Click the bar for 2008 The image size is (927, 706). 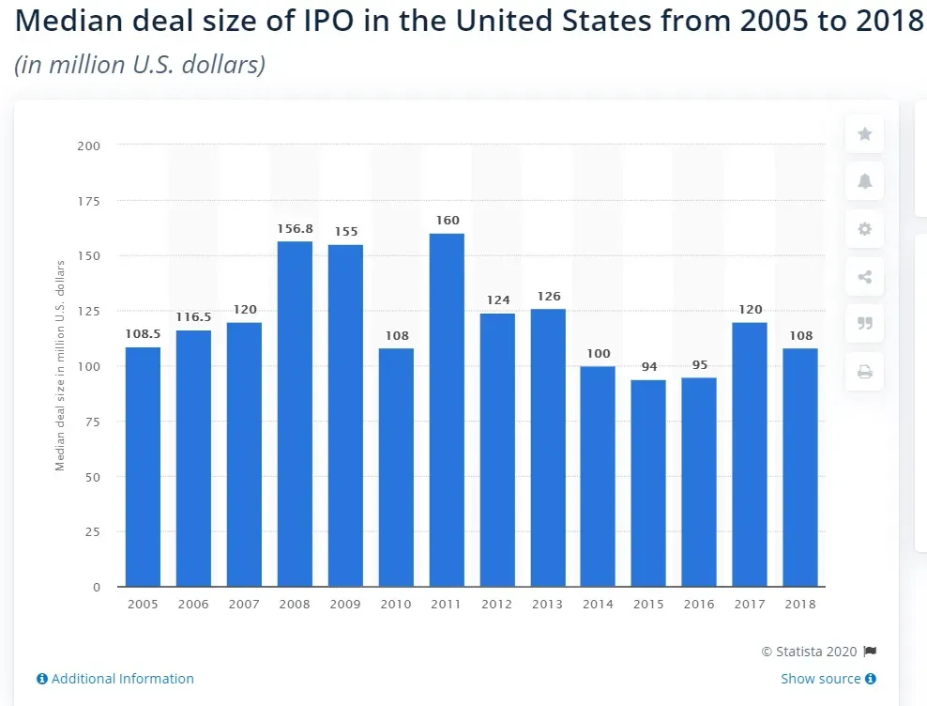295,413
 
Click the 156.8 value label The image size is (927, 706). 295,229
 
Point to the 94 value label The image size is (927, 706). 648,367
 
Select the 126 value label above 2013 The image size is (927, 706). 548,297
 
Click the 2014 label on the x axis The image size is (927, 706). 598,605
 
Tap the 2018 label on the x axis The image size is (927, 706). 800,605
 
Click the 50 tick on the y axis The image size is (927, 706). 93,477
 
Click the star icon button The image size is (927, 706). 865,134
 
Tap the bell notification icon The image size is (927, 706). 865,181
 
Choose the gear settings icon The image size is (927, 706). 865,229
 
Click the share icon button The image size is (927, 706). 865,277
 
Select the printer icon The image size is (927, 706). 865,373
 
